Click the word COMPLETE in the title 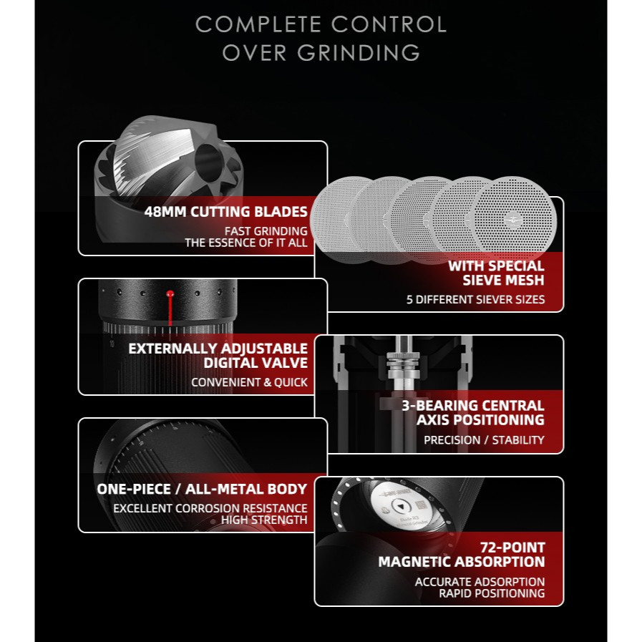click(x=260, y=24)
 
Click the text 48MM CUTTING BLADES click(x=225, y=212)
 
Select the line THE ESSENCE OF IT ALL click(x=245, y=243)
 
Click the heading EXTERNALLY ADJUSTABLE click(x=218, y=349)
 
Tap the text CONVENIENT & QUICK click(x=249, y=382)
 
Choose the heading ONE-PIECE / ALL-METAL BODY click(x=202, y=490)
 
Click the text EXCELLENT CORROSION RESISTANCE click(x=210, y=508)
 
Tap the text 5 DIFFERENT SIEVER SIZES click(x=475, y=299)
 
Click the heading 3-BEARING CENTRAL click(x=472, y=406)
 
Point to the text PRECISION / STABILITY click(x=484, y=440)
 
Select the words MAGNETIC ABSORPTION click(x=461, y=563)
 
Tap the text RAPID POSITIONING click(x=491, y=593)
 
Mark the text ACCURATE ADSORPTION click(x=480, y=582)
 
